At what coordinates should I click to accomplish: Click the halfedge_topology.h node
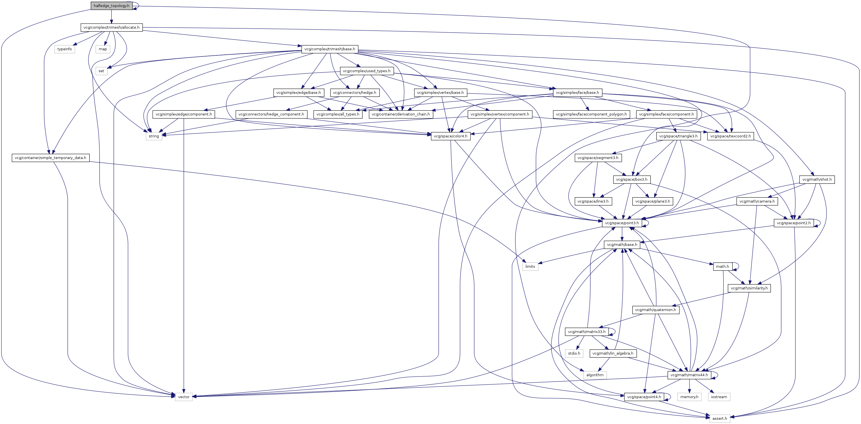[111, 6]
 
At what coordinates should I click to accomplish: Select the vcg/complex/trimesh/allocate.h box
[111, 28]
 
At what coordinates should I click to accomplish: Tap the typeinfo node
[65, 49]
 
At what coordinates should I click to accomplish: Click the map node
[103, 49]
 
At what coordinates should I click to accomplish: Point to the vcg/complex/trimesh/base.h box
[330, 49]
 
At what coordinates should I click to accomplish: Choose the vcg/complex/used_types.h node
[366, 71]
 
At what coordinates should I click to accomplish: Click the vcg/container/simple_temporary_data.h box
[50, 158]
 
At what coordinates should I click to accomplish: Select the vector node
[184, 397]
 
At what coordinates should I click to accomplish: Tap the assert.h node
[719, 418]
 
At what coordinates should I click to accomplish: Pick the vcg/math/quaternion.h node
[655, 310]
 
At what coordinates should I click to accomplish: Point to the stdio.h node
[574, 353]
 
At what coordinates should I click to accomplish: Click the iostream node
[719, 397]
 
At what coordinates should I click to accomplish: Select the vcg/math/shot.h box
[816, 179]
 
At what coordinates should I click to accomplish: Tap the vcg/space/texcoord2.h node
[730, 136]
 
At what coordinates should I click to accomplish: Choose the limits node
[530, 267]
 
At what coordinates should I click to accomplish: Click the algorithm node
[595, 375]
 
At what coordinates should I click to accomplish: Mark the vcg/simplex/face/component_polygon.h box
[591, 114]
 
